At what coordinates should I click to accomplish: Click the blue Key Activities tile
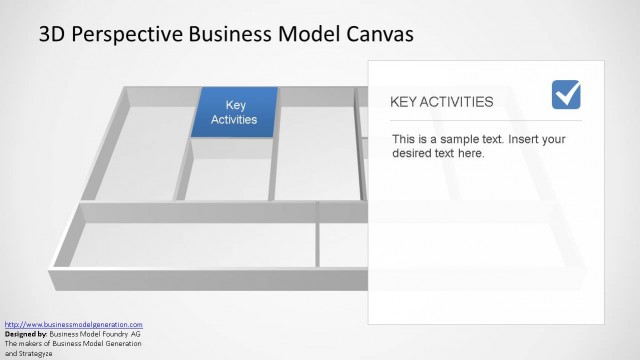pyautogui.click(x=234, y=112)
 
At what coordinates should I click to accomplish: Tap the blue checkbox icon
pyautogui.click(x=566, y=95)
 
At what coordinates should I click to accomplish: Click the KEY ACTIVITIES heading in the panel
pyautogui.click(x=441, y=101)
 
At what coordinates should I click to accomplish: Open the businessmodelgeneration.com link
pyautogui.click(x=74, y=325)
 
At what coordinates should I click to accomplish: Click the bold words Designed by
pyautogui.click(x=25, y=334)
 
